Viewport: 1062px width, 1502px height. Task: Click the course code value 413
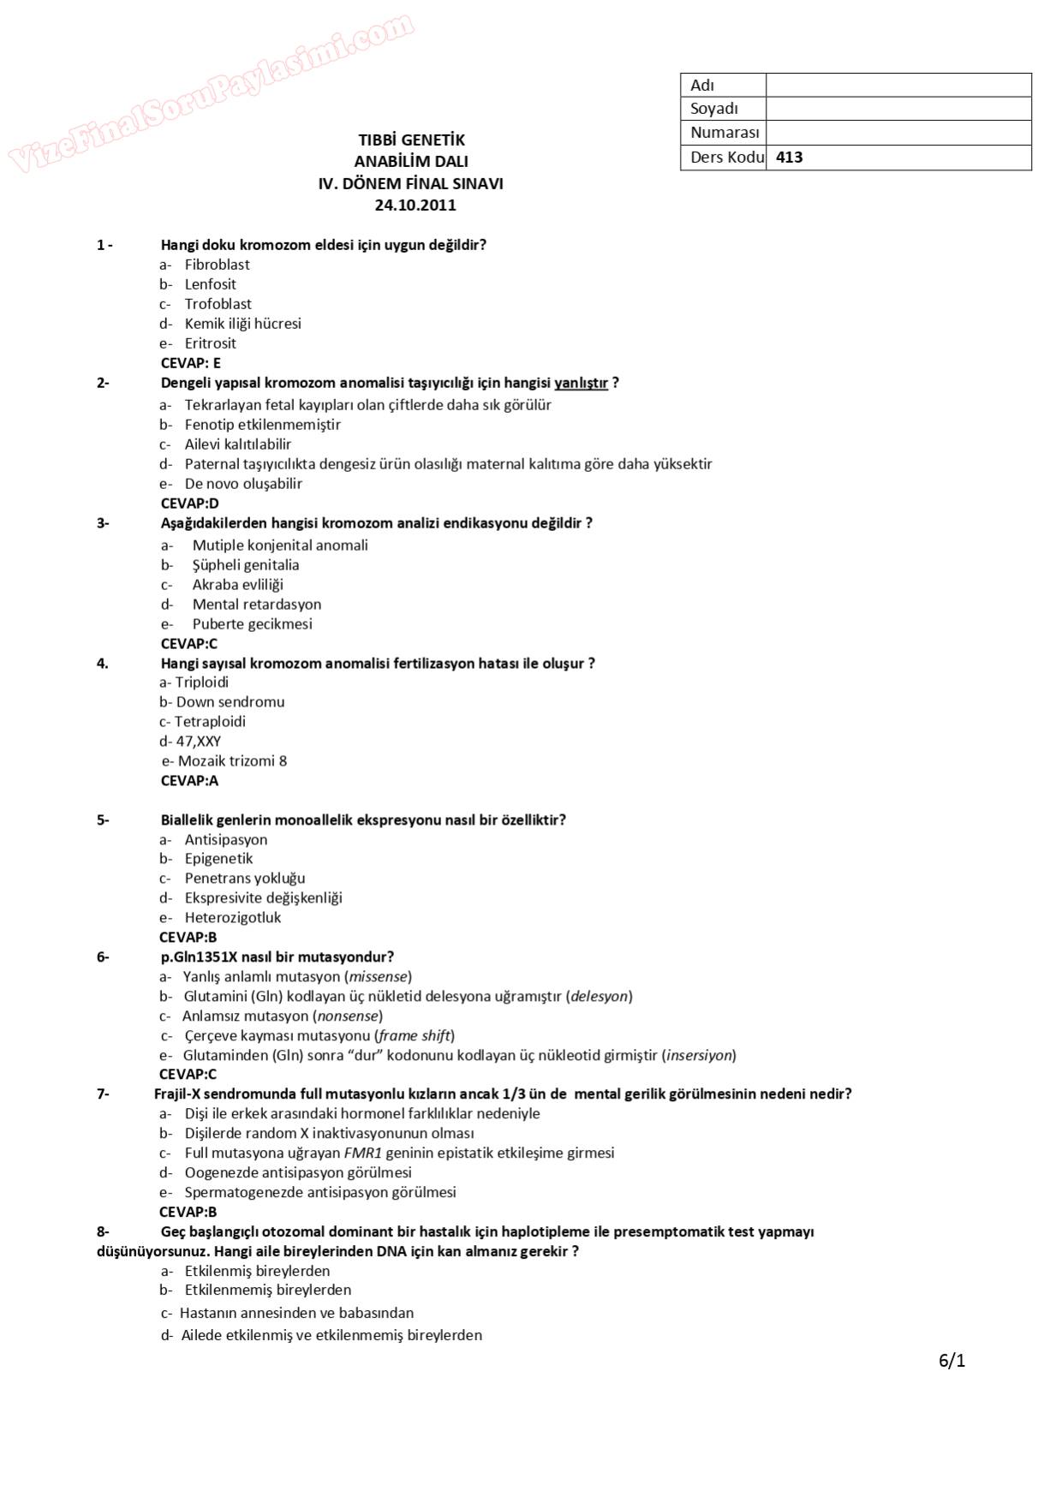pos(789,158)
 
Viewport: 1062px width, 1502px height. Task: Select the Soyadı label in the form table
pos(713,109)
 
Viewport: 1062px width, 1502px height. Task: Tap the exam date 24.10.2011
pos(415,206)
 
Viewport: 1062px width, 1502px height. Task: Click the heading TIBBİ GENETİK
pos(411,140)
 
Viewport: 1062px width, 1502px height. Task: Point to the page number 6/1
pos(952,1361)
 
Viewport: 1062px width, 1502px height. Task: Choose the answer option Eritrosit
pos(210,343)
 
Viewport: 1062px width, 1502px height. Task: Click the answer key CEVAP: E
pos(190,363)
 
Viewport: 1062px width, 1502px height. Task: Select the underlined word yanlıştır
pos(581,383)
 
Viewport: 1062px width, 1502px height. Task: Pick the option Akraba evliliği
pos(237,585)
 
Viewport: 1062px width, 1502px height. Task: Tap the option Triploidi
pos(201,682)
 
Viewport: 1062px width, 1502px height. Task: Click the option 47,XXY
pos(198,742)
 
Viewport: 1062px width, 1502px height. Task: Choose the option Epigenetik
pos(218,859)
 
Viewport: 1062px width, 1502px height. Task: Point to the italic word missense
pos(378,977)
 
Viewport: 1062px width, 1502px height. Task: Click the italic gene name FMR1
pos(362,1153)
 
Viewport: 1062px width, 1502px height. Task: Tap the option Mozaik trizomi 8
pos(232,761)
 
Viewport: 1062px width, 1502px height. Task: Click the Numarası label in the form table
pos(725,133)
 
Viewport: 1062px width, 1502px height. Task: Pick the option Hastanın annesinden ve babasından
pos(296,1314)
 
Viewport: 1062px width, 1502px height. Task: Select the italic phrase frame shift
pos(415,1036)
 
